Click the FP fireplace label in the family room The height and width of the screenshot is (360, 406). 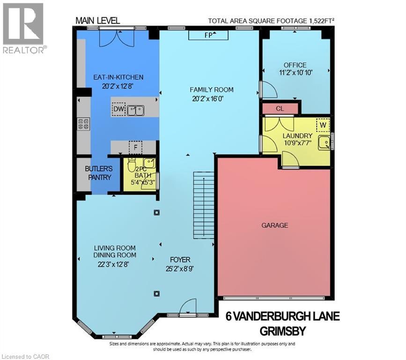[x=208, y=35]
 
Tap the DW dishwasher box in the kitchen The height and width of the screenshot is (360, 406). [x=118, y=110]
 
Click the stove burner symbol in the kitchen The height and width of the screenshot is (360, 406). [x=83, y=124]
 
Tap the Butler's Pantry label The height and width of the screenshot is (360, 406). [x=98, y=173]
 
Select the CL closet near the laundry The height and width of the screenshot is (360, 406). [x=280, y=109]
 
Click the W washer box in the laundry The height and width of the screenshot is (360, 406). [x=323, y=125]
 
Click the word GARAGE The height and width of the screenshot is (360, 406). [x=274, y=225]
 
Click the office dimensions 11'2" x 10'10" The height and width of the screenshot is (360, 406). [x=295, y=73]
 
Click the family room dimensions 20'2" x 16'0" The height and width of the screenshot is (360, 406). [x=211, y=98]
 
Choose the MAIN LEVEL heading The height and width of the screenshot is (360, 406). [x=98, y=21]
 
